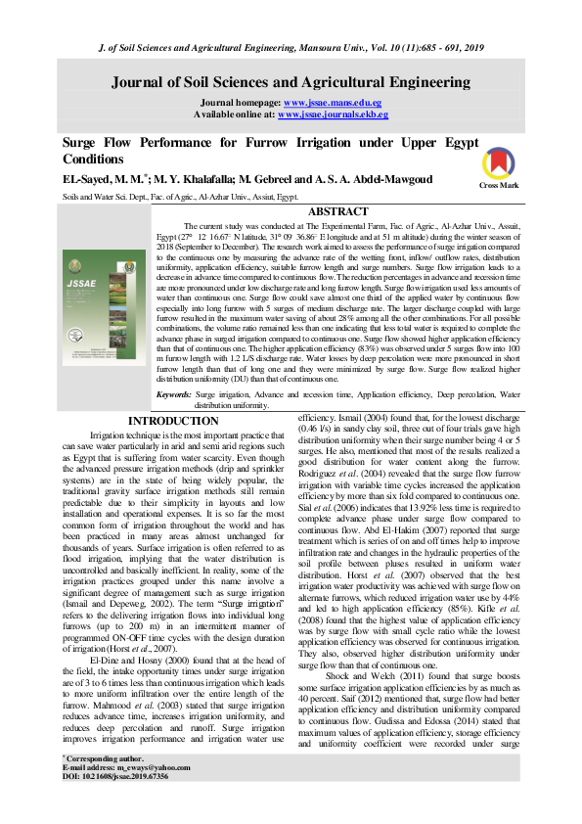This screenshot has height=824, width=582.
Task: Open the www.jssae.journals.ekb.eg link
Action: coord(334,114)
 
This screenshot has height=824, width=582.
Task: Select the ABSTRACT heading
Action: coord(337,211)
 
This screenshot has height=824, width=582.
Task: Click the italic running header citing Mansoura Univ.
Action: coord(291,48)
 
